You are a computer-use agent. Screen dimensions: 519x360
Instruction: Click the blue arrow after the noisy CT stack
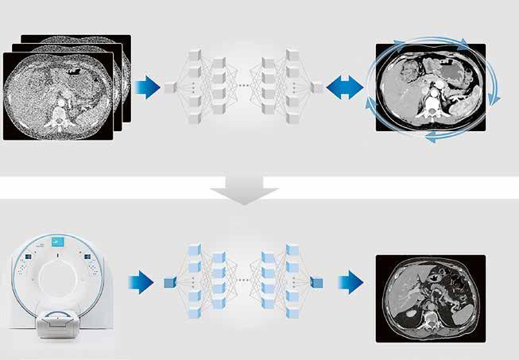[x=147, y=87]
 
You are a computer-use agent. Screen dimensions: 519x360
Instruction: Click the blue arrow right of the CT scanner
[x=141, y=281]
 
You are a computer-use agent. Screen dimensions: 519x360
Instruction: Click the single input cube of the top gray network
[x=169, y=87]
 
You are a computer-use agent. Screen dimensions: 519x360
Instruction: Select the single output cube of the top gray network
[x=317, y=87]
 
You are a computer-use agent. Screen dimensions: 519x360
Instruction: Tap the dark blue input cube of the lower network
[x=169, y=282]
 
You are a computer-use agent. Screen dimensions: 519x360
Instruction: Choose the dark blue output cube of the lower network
[x=318, y=282]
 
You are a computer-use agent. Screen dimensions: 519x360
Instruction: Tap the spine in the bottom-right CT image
[x=429, y=320]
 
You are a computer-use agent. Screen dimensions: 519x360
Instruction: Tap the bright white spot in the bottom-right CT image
[x=408, y=312]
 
